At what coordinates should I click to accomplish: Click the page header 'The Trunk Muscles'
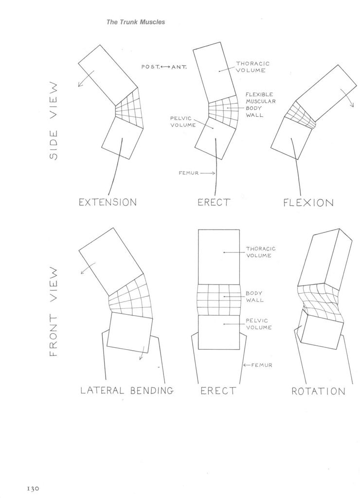click(136, 22)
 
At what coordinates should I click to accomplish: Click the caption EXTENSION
click(108, 202)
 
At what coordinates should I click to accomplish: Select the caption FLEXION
click(308, 203)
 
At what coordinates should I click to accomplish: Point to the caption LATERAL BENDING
click(127, 391)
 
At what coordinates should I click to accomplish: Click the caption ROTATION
click(318, 391)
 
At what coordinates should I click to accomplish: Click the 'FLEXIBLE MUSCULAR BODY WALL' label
click(260, 105)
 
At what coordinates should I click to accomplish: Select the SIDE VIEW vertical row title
click(54, 121)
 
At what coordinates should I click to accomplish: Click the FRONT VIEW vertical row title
click(54, 311)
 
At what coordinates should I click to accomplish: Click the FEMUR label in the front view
click(262, 365)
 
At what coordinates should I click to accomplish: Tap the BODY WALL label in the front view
click(254, 297)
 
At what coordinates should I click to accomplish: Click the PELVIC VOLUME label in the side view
click(183, 122)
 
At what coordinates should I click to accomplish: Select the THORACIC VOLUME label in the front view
click(261, 252)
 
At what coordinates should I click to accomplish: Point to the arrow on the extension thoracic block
click(85, 78)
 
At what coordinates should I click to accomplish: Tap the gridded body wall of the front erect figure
click(218, 300)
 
